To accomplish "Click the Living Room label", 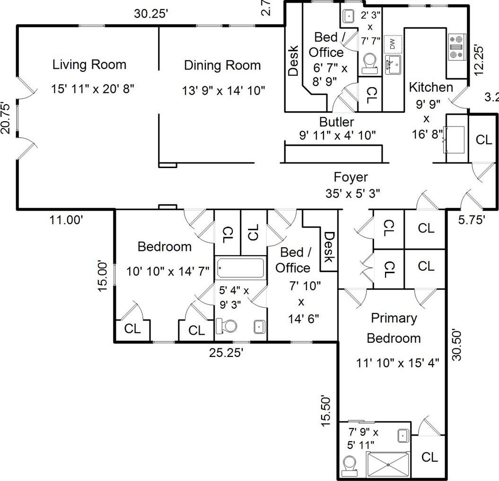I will pos(89,64).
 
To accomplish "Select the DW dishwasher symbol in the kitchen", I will pos(393,44).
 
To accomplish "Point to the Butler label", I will pos(336,122).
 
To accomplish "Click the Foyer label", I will pos(350,177).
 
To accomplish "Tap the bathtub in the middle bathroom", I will pos(241,268).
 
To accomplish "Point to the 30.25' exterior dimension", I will pos(151,14).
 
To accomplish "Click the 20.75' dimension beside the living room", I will pos(6,118).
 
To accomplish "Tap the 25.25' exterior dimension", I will pos(227,353).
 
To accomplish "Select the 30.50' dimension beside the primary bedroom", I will pos(456,345).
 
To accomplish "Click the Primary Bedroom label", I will pos(394,328).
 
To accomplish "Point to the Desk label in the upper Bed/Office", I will pos(293,60).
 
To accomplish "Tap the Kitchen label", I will pos(430,87).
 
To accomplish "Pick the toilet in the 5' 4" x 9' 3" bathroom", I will pos(227,326).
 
